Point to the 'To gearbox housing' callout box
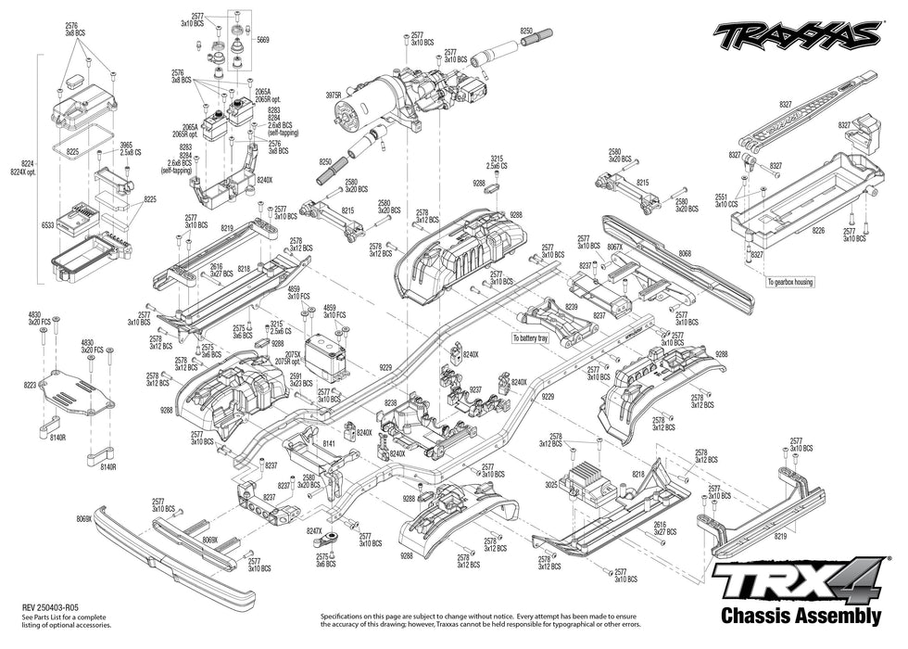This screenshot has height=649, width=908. pos(789,282)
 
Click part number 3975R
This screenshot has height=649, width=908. pos(334,95)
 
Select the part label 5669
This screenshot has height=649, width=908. pos(263,40)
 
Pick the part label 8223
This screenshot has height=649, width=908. pos(31,384)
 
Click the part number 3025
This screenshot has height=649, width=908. pos(550,484)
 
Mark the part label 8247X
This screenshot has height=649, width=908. pos(314,531)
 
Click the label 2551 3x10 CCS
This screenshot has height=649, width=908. pos(725,200)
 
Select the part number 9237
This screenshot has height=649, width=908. pos(475,389)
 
